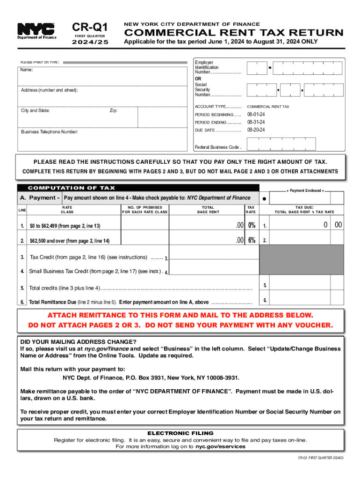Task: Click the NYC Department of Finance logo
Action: [36, 31]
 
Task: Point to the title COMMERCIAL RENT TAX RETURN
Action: [233, 33]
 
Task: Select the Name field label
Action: [27, 70]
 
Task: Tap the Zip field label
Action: [114, 111]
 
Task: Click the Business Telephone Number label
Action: [50, 132]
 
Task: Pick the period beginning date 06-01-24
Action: [256, 115]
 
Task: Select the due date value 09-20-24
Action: [256, 130]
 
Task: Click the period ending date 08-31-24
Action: [256, 122]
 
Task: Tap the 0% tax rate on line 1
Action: [252, 225]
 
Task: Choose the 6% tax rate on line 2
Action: [252, 240]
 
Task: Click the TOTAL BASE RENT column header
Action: [208, 209]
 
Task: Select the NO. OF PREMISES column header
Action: [144, 209]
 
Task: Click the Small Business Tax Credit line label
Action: [95, 271]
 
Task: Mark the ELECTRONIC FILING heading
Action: [180, 433]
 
